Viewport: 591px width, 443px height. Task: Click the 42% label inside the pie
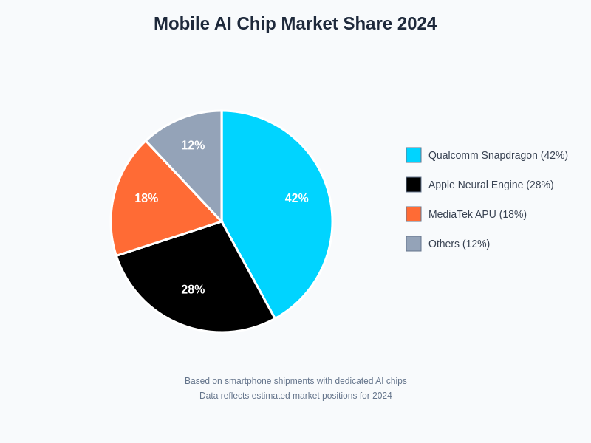point(296,198)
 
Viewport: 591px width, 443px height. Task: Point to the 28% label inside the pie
point(193,289)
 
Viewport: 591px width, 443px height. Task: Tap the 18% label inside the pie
point(146,198)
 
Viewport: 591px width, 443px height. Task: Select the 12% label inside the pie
point(193,145)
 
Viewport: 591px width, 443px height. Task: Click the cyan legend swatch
point(414,155)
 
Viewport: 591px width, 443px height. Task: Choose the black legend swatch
point(414,185)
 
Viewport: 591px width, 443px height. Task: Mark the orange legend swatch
point(414,214)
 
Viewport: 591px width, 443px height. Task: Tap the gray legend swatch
point(414,244)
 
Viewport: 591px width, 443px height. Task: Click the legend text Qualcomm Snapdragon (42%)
point(498,155)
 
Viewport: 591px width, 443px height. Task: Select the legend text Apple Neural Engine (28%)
point(491,185)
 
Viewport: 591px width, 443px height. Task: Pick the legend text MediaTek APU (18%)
point(477,214)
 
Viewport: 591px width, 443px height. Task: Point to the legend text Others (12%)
point(459,244)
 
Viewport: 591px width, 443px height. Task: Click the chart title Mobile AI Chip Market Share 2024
point(295,24)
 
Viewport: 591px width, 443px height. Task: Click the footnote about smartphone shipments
point(295,381)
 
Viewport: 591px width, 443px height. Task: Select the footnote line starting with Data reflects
point(295,396)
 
